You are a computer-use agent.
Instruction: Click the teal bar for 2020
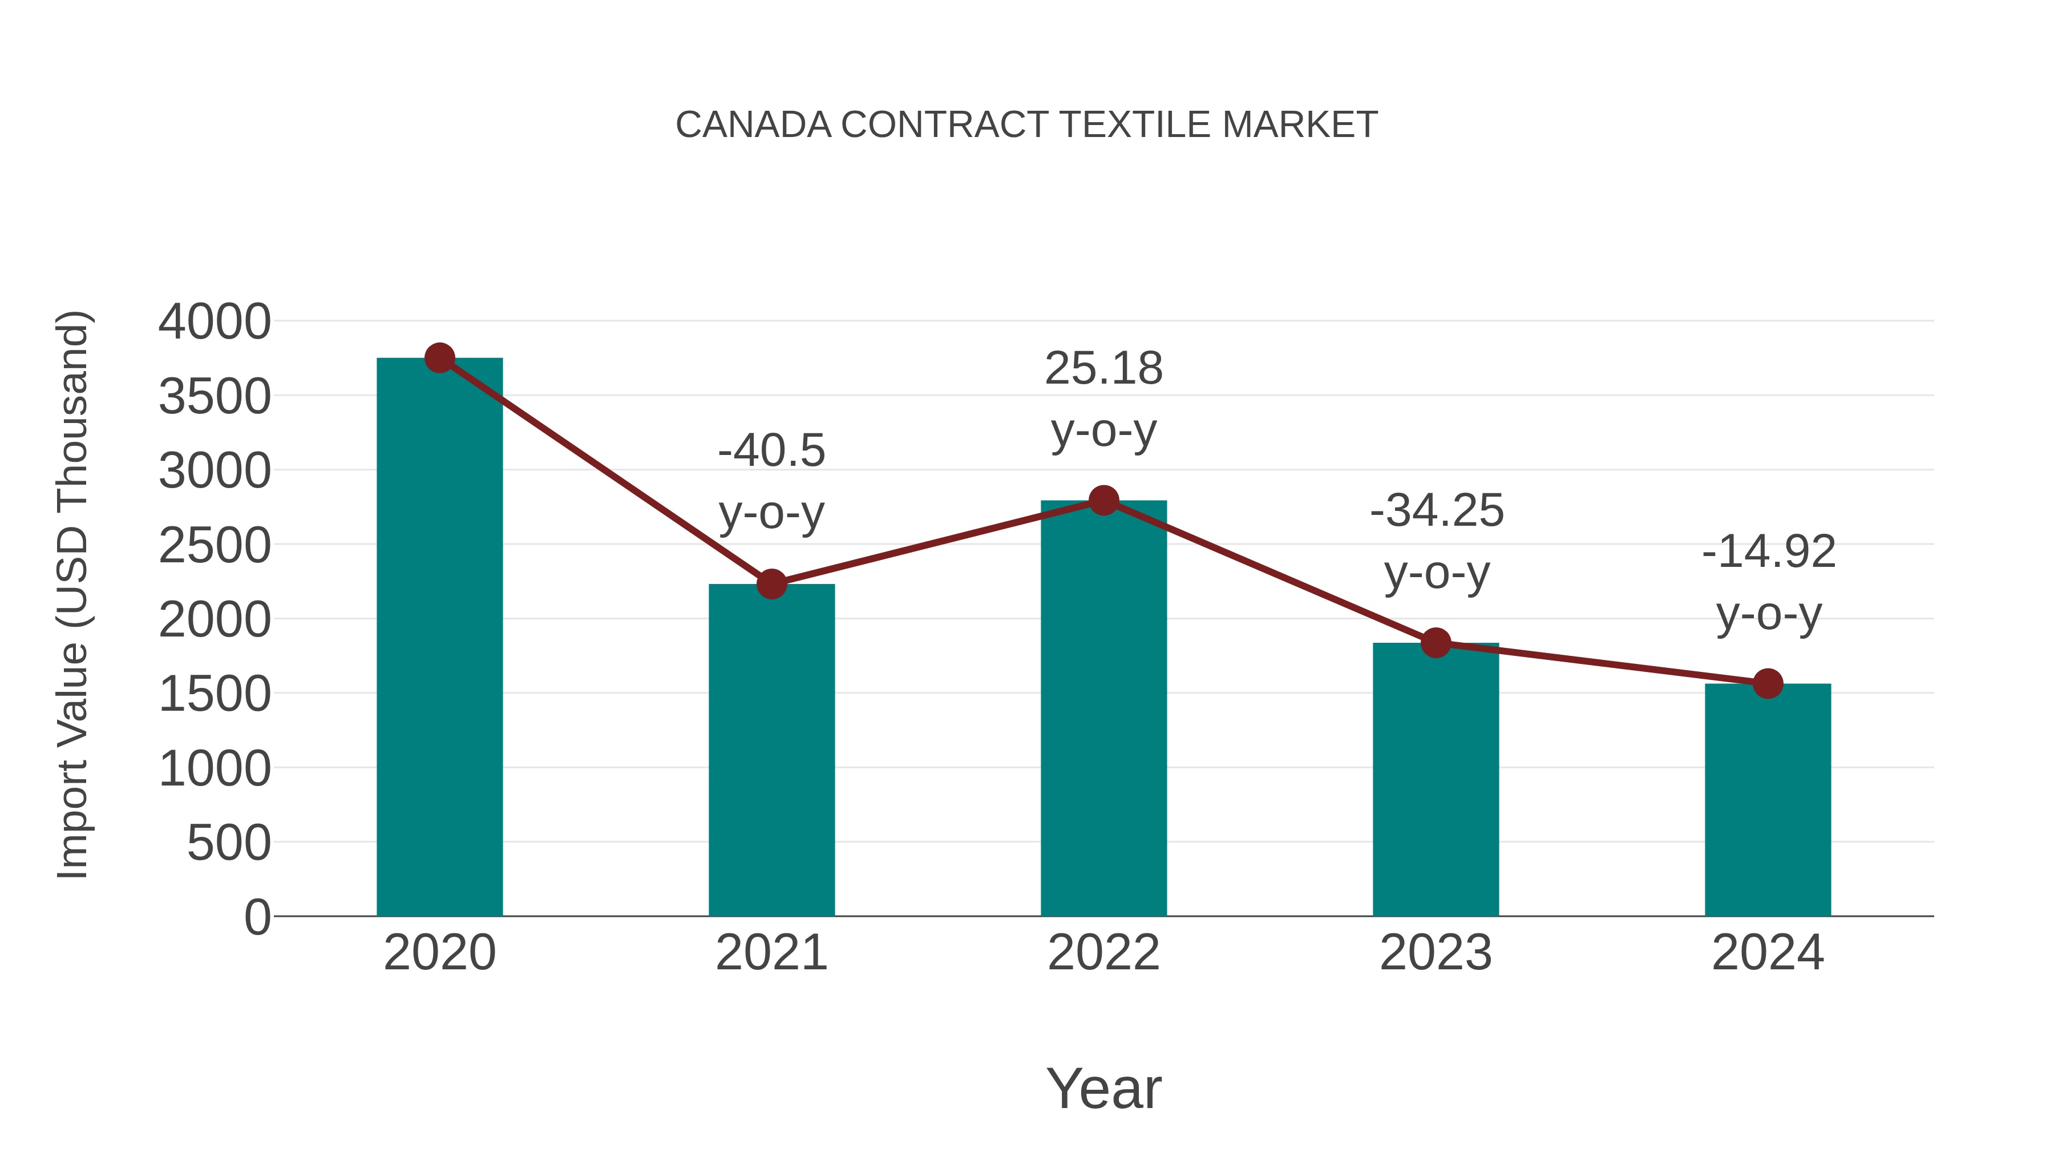[439, 638]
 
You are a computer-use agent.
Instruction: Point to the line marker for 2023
[1436, 642]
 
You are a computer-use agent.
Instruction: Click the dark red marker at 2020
[439, 358]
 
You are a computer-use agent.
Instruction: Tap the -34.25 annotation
[1436, 510]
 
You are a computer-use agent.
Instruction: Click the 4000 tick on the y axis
[215, 323]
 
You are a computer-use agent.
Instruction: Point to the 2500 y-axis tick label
[215, 546]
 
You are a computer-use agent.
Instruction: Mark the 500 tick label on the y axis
[229, 843]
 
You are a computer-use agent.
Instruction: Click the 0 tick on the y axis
[257, 917]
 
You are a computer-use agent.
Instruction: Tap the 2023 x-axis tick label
[1436, 953]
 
